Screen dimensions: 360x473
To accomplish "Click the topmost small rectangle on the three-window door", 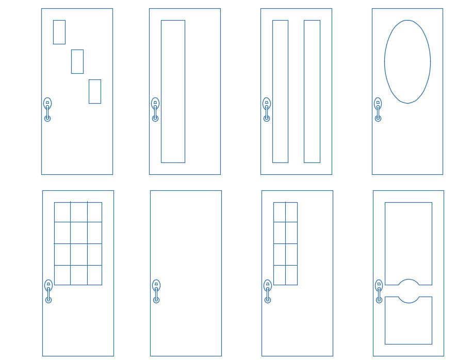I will coord(59,32).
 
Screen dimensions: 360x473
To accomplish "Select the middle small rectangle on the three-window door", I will coord(77,61).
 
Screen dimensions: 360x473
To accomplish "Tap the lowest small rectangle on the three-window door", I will coord(95,91).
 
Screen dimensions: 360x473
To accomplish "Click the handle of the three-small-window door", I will coord(47,109).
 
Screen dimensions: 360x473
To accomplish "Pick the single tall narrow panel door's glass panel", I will coord(173,91).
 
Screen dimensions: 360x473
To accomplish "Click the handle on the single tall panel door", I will coord(155,109).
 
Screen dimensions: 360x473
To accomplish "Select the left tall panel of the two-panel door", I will coord(280,91).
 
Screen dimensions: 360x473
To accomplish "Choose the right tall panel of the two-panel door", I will coord(312,91).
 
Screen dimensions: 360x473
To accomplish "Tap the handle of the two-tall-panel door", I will coord(267,109).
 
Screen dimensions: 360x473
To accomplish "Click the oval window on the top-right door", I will coord(407,61).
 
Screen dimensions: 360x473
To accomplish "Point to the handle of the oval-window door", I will coord(378,109).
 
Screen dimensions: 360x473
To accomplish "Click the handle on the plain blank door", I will coord(156,291).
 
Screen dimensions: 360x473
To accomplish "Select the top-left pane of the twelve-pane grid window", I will coord(62,212).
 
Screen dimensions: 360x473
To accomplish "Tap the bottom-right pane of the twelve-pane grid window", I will coord(94,275).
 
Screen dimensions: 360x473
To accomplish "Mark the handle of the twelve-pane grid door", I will coord(48,291).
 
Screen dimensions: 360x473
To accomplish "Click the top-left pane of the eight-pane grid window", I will coord(280,212).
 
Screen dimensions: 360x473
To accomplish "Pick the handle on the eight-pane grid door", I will coord(268,291).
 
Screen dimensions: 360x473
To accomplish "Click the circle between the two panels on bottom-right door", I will coord(409,291).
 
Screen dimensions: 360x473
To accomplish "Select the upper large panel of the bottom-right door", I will coord(409,240).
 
